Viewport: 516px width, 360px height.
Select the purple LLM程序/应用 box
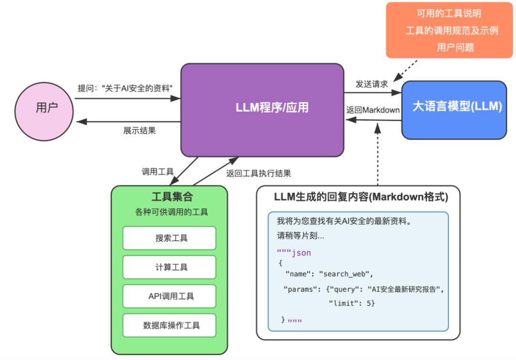(262, 109)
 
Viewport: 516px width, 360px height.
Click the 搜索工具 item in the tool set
(169, 238)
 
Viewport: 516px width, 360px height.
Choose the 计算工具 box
(169, 267)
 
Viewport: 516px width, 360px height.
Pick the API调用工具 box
(169, 296)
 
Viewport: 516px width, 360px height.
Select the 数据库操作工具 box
(169, 326)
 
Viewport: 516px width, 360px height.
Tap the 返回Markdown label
(373, 110)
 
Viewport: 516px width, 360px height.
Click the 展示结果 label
(140, 130)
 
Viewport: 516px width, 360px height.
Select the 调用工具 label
(158, 172)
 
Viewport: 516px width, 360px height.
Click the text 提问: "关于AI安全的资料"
(125, 88)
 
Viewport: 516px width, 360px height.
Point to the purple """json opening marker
(294, 253)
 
